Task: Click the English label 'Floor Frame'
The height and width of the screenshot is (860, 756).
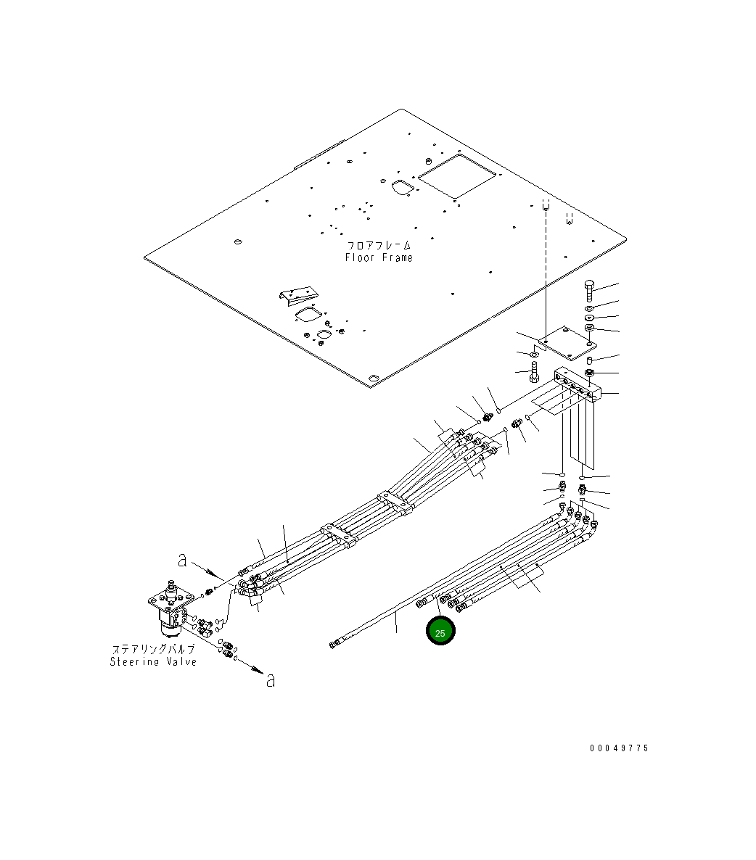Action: (379, 257)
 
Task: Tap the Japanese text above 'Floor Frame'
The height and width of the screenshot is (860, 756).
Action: (379, 245)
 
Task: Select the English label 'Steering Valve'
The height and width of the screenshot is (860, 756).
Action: (153, 661)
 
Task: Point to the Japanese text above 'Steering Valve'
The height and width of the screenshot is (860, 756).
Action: (153, 649)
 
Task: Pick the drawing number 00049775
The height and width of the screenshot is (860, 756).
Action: (619, 748)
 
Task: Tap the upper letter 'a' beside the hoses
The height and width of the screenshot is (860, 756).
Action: (182, 559)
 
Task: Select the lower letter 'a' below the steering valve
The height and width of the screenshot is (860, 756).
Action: (271, 680)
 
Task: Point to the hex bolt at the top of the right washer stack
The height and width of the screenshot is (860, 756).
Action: (588, 292)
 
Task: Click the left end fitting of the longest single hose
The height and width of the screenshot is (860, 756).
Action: (334, 643)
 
